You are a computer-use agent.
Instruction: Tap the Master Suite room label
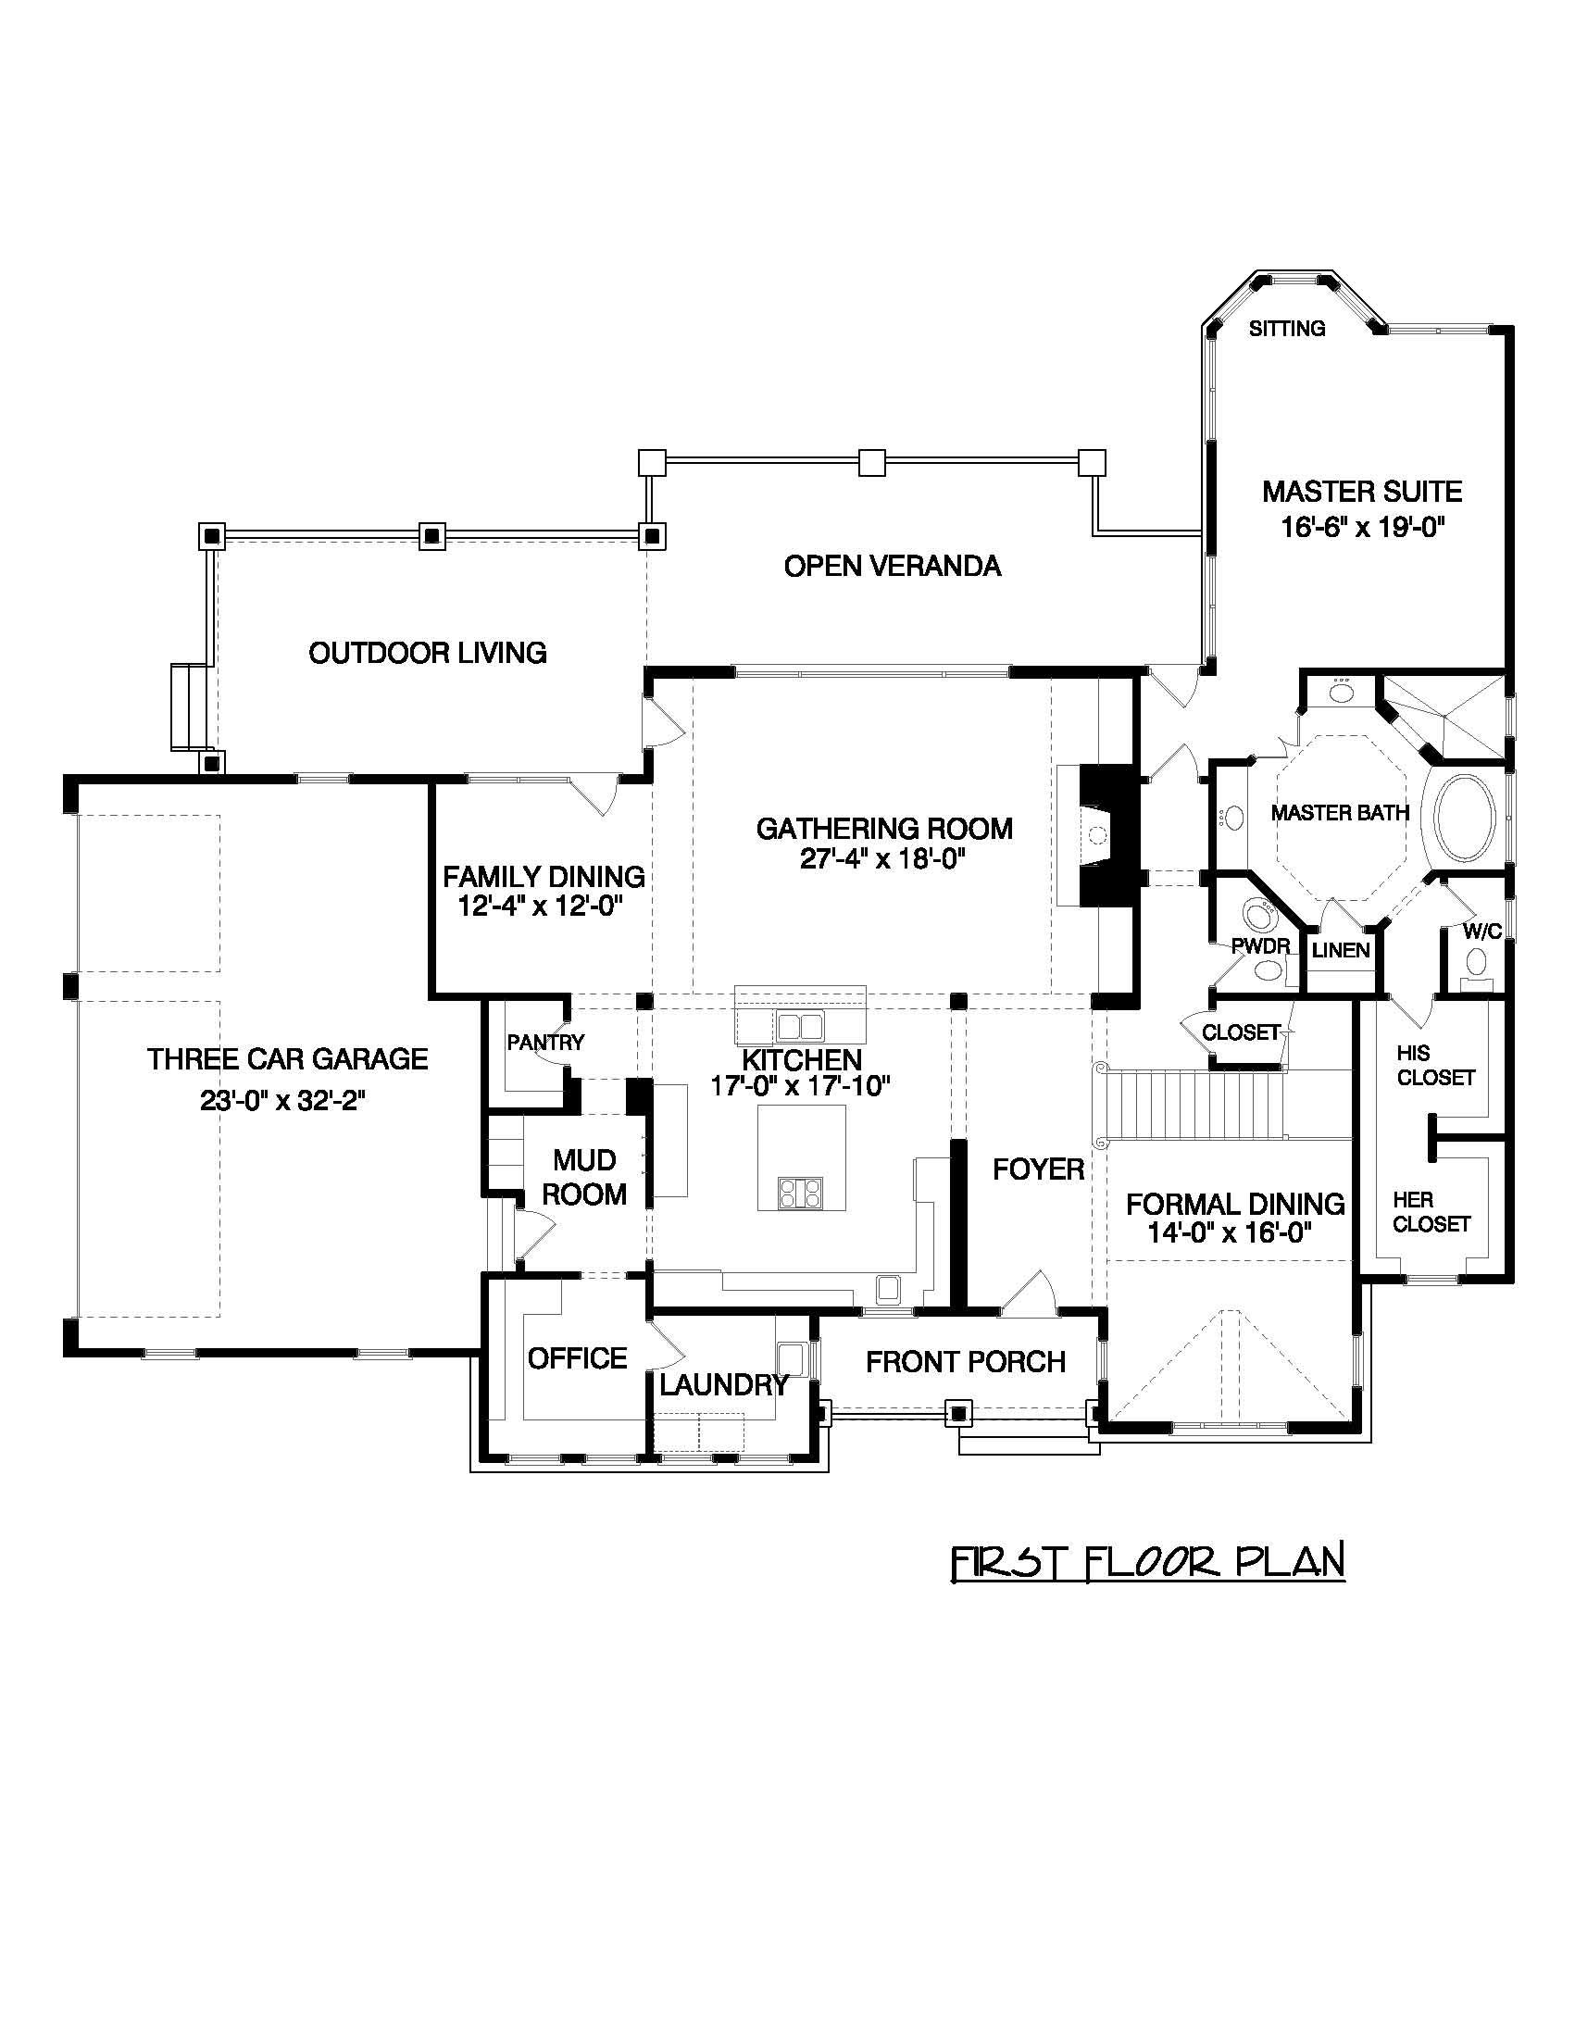pyautogui.click(x=1361, y=491)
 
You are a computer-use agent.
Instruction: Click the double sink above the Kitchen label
pyautogui.click(x=801, y=1027)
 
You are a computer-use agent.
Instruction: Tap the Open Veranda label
pyautogui.click(x=892, y=566)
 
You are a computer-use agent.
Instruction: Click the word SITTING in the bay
pyautogui.click(x=1287, y=329)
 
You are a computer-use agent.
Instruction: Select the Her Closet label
pyautogui.click(x=1431, y=1211)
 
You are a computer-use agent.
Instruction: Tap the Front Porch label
pyautogui.click(x=965, y=1361)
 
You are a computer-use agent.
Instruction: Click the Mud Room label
pyautogui.click(x=584, y=1177)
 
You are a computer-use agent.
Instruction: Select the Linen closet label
pyautogui.click(x=1340, y=951)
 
